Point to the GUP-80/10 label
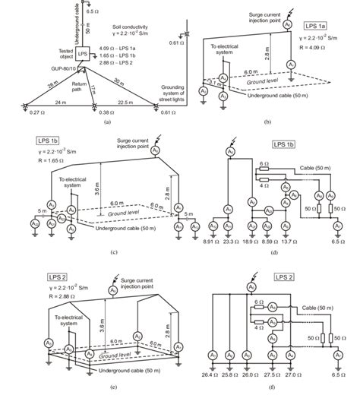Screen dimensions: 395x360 coord(72,68)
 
